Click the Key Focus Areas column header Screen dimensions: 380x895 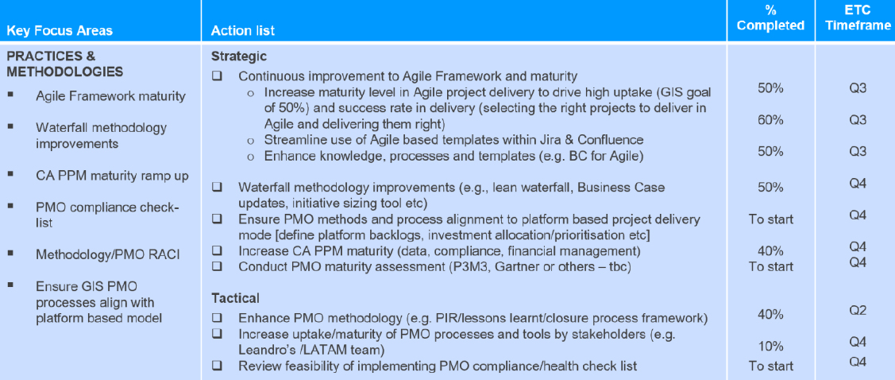(60, 31)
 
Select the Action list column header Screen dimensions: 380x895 (243, 31)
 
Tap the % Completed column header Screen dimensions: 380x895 (770, 18)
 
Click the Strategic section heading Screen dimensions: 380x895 (239, 57)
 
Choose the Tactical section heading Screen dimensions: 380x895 (235, 298)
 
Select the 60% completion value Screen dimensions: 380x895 (770, 120)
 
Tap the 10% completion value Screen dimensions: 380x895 (770, 347)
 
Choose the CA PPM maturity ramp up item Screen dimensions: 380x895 (112, 176)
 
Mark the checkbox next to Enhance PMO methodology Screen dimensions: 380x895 (218, 318)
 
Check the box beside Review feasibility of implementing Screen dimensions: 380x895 (218, 366)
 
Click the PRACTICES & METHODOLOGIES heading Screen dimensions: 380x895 (64, 64)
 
